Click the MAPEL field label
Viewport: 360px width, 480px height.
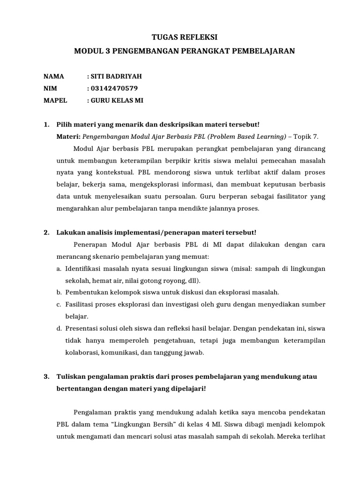coord(55,100)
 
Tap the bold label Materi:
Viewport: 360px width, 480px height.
coord(69,136)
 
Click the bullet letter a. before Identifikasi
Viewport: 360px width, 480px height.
coord(59,269)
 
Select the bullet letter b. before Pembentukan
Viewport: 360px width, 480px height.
coord(59,292)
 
